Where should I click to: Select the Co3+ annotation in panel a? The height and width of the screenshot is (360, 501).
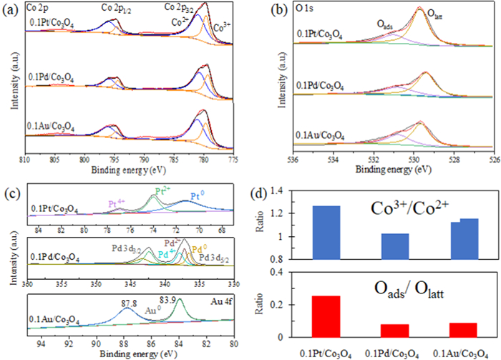pyautogui.click(x=223, y=28)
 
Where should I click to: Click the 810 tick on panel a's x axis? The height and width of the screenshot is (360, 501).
pyautogui.click(x=25, y=159)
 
